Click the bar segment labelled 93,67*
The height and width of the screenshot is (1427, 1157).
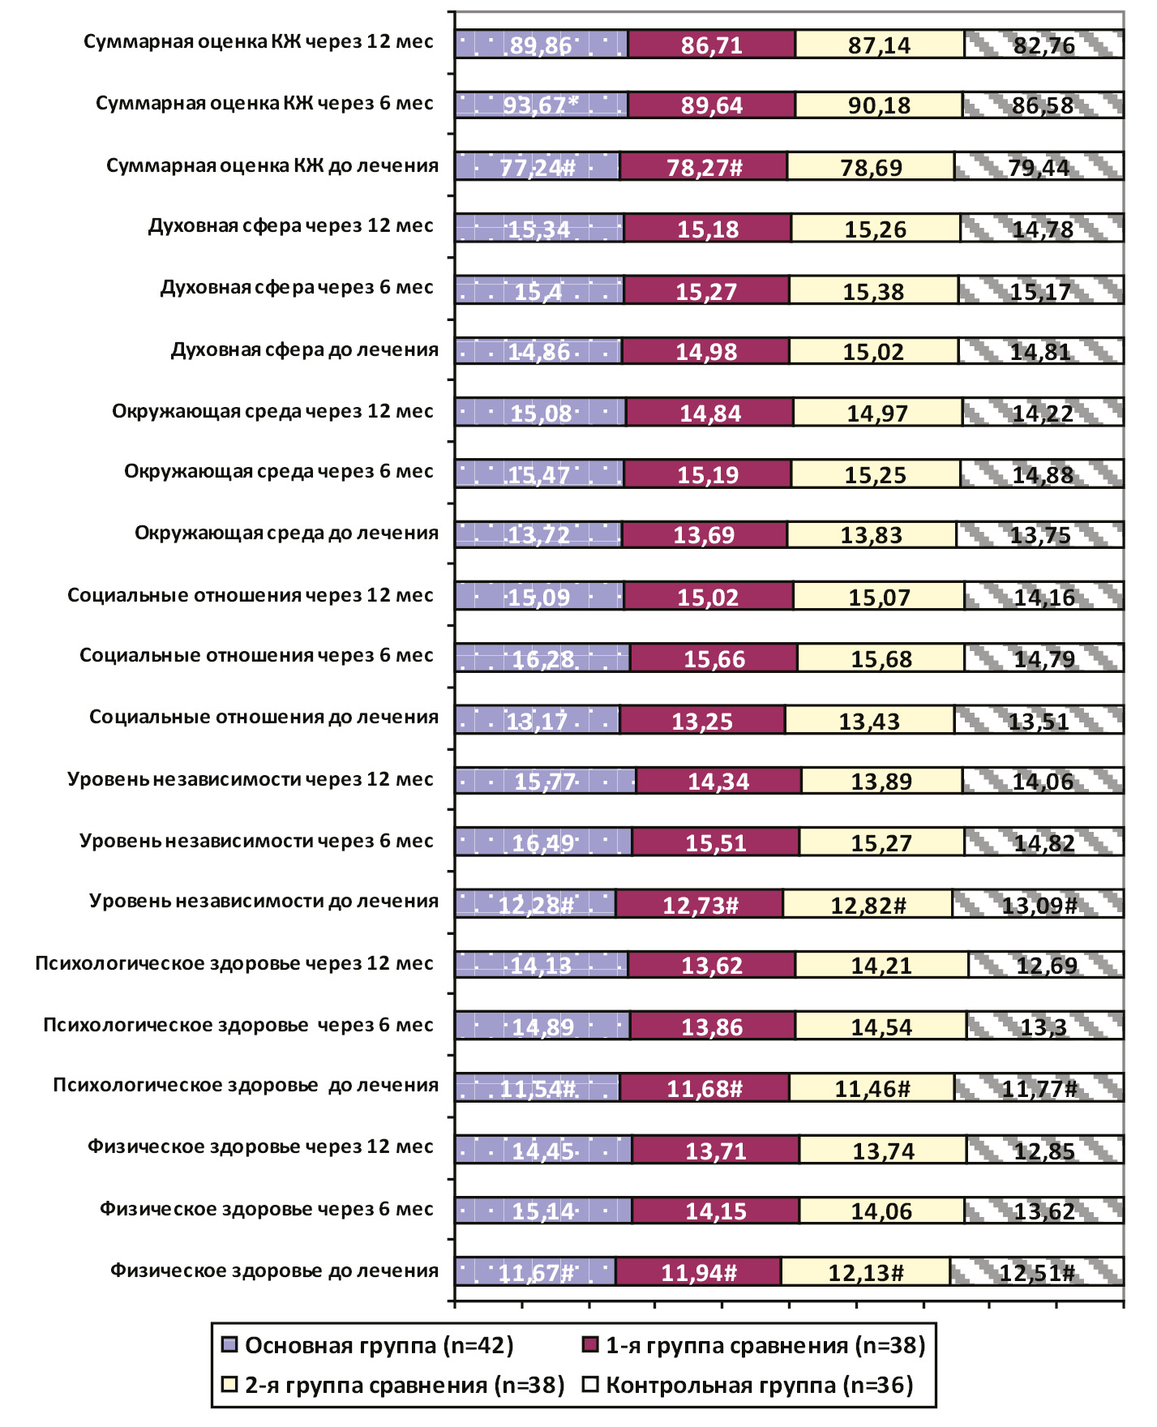542,105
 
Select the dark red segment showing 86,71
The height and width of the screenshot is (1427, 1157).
712,45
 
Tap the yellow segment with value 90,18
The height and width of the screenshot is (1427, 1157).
879,105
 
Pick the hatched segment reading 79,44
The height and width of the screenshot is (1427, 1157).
1039,167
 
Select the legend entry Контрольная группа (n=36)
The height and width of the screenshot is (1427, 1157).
749,1385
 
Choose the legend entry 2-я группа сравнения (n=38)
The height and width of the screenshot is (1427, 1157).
392,1385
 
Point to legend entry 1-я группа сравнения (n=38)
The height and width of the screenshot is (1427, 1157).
754,1346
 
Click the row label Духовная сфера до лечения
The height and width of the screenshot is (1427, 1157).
304,350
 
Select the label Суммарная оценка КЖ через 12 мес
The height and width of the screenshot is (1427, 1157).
258,42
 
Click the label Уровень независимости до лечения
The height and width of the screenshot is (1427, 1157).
264,902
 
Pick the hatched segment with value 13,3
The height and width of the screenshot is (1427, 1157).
1045,1026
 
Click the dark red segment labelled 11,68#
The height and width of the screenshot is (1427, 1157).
704,1088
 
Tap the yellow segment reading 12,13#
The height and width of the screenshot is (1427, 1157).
865,1272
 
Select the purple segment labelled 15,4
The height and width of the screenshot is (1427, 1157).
539,290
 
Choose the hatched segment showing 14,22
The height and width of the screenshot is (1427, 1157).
1043,413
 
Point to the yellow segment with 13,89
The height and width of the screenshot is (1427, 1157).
881,782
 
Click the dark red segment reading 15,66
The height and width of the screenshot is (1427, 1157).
713,658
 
